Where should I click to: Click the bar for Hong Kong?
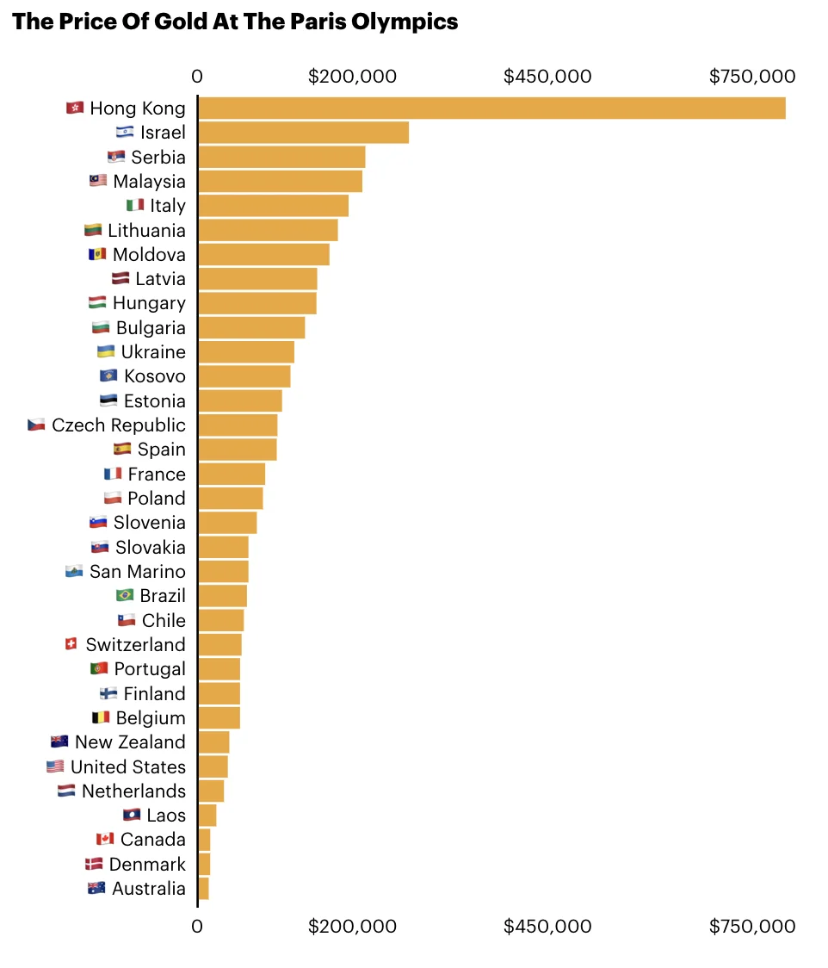[491, 109]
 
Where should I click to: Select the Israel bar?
[303, 133]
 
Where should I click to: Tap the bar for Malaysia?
[280, 182]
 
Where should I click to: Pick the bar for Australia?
[204, 889]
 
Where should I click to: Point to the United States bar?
[213, 766]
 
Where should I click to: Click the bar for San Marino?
[223, 572]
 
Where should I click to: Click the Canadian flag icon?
[105, 840]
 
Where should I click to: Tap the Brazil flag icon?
[125, 596]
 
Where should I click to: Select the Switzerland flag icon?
[71, 644]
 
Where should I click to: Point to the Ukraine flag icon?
[106, 352]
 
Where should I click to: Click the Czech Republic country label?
[118, 425]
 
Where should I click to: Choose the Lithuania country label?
[146, 231]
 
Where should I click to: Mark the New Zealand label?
[130, 742]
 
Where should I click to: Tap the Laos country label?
[165, 816]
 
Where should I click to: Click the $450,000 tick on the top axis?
[547, 77]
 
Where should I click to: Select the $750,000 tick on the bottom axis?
[752, 927]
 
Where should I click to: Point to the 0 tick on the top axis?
[197, 77]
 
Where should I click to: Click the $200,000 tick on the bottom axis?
[352, 927]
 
